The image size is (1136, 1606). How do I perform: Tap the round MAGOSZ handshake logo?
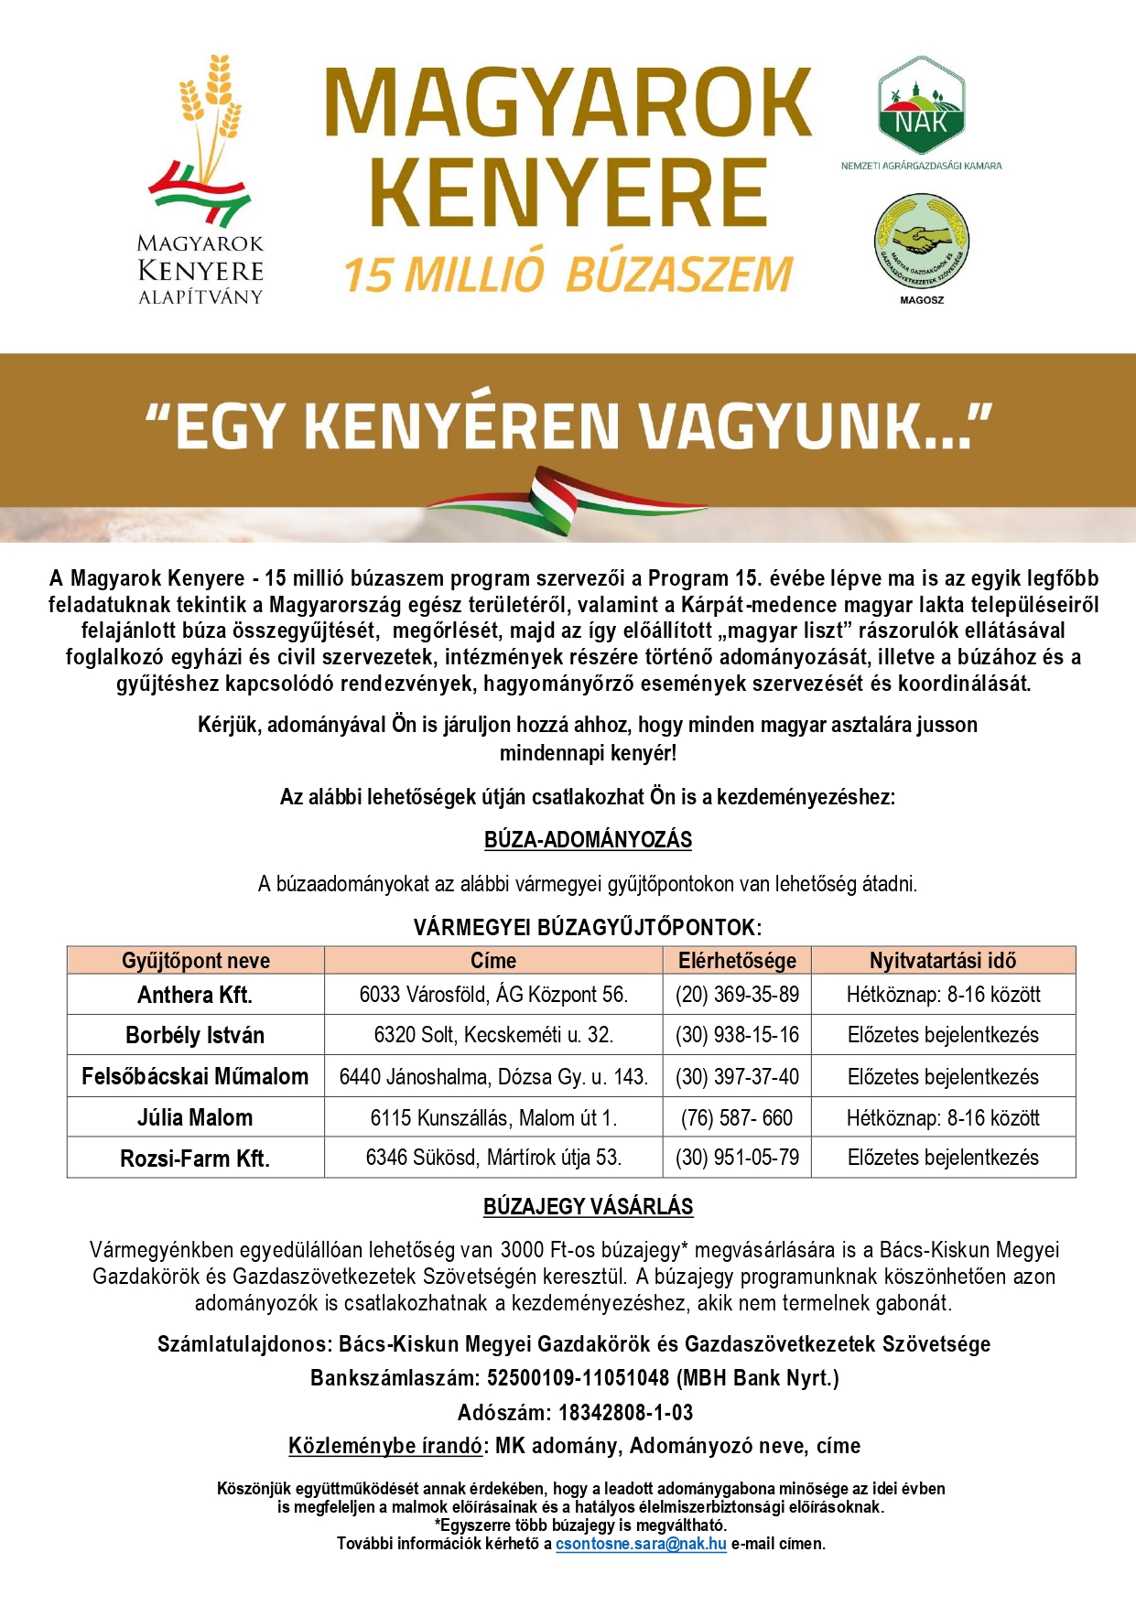[921, 242]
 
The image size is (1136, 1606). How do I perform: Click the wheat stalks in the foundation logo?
[211, 110]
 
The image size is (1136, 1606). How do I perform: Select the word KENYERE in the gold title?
[568, 193]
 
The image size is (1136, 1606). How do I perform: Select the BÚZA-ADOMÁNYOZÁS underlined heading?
[588, 840]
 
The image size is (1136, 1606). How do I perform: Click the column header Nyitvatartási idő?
[943, 960]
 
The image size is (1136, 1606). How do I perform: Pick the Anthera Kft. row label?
[195, 995]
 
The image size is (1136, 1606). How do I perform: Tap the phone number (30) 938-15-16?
[737, 1035]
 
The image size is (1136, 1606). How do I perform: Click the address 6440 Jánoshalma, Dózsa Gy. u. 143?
[493, 1077]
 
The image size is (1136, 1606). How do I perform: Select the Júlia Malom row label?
[195, 1117]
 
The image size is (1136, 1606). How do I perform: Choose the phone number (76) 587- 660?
[737, 1117]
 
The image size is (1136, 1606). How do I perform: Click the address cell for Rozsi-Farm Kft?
[493, 1158]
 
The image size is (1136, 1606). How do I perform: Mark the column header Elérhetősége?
[737, 960]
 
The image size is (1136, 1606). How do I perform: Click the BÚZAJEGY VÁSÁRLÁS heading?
[588, 1207]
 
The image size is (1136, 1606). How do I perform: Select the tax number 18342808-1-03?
[625, 1412]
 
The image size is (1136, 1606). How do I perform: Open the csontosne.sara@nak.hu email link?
[641, 1544]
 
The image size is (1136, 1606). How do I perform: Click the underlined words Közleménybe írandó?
[385, 1446]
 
